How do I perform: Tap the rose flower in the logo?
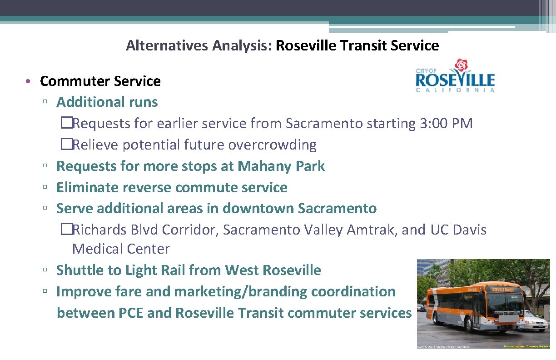[x=462, y=66]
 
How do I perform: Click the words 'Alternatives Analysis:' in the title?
[x=199, y=45]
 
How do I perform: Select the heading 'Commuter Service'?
[x=100, y=81]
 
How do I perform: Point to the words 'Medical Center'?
[x=121, y=249]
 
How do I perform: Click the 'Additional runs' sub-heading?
[x=107, y=102]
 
